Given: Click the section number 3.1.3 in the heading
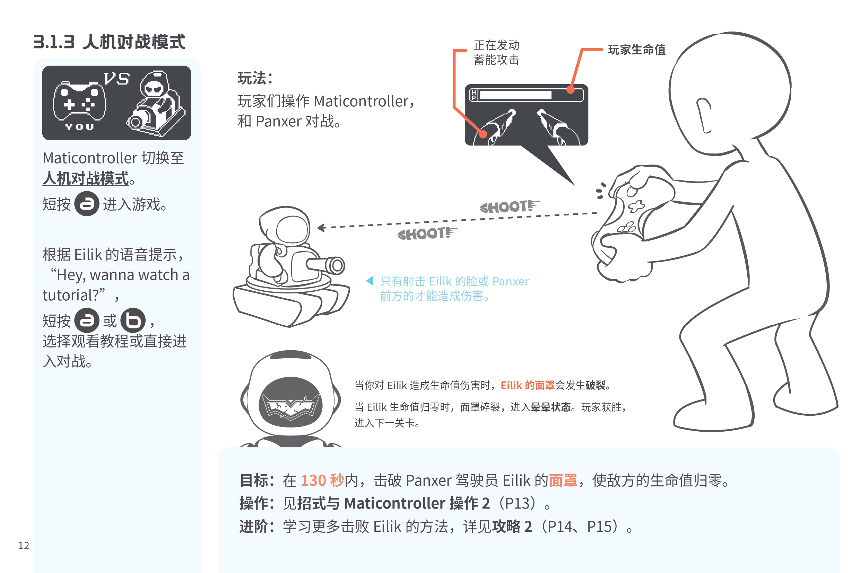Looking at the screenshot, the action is tap(54, 42).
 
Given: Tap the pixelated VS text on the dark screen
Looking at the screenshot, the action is tap(116, 78).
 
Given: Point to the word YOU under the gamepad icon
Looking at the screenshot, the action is tap(79, 127).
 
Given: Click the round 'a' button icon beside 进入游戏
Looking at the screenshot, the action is tap(87, 204).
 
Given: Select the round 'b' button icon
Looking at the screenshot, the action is tap(133, 320).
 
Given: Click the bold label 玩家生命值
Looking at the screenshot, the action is tap(636, 50).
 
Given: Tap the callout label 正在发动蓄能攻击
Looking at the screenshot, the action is tap(496, 52).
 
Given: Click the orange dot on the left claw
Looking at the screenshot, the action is tap(483, 134).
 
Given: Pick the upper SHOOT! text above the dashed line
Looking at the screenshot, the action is tap(509, 206).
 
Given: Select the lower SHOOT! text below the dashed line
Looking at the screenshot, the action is tap(427, 233).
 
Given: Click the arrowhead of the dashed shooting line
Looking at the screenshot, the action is tap(321, 228).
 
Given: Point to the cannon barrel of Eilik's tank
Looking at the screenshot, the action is tap(325, 265).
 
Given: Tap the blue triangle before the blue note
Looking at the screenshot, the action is tap(370, 281).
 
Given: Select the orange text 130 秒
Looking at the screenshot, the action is tap(322, 480).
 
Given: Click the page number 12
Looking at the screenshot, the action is tap(24, 546).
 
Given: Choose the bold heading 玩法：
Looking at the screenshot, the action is tap(255, 78).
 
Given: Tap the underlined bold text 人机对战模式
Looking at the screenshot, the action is tap(86, 178).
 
